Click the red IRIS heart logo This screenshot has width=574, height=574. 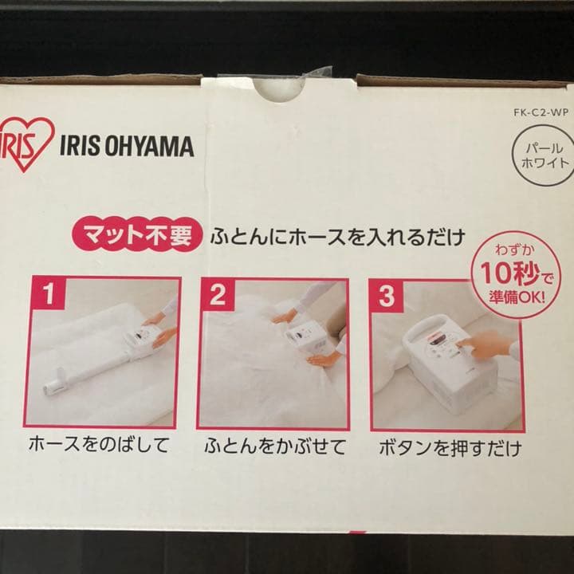click(x=27, y=143)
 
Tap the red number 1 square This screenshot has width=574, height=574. click(x=49, y=297)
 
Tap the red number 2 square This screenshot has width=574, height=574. click(x=218, y=297)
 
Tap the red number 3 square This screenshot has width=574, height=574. click(x=386, y=297)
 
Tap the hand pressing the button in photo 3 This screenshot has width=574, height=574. click(x=486, y=345)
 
